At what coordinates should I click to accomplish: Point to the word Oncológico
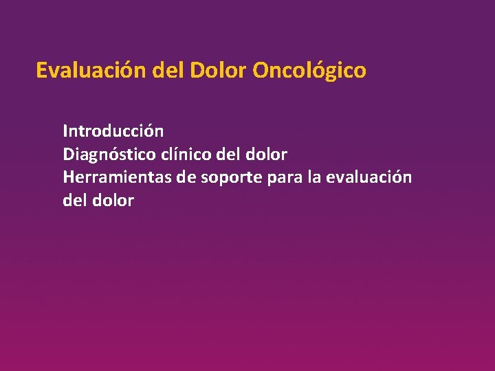tap(309, 71)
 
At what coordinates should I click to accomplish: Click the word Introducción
tap(113, 131)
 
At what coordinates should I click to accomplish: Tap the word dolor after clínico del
tap(265, 154)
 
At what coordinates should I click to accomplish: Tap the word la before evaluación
tap(315, 177)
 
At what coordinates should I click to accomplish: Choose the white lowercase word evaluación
tap(369, 177)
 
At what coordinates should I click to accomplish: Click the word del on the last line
tap(75, 201)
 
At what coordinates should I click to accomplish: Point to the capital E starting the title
tap(42, 71)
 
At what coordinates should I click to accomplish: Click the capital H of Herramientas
tap(69, 177)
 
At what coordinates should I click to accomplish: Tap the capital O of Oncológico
tap(261, 71)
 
